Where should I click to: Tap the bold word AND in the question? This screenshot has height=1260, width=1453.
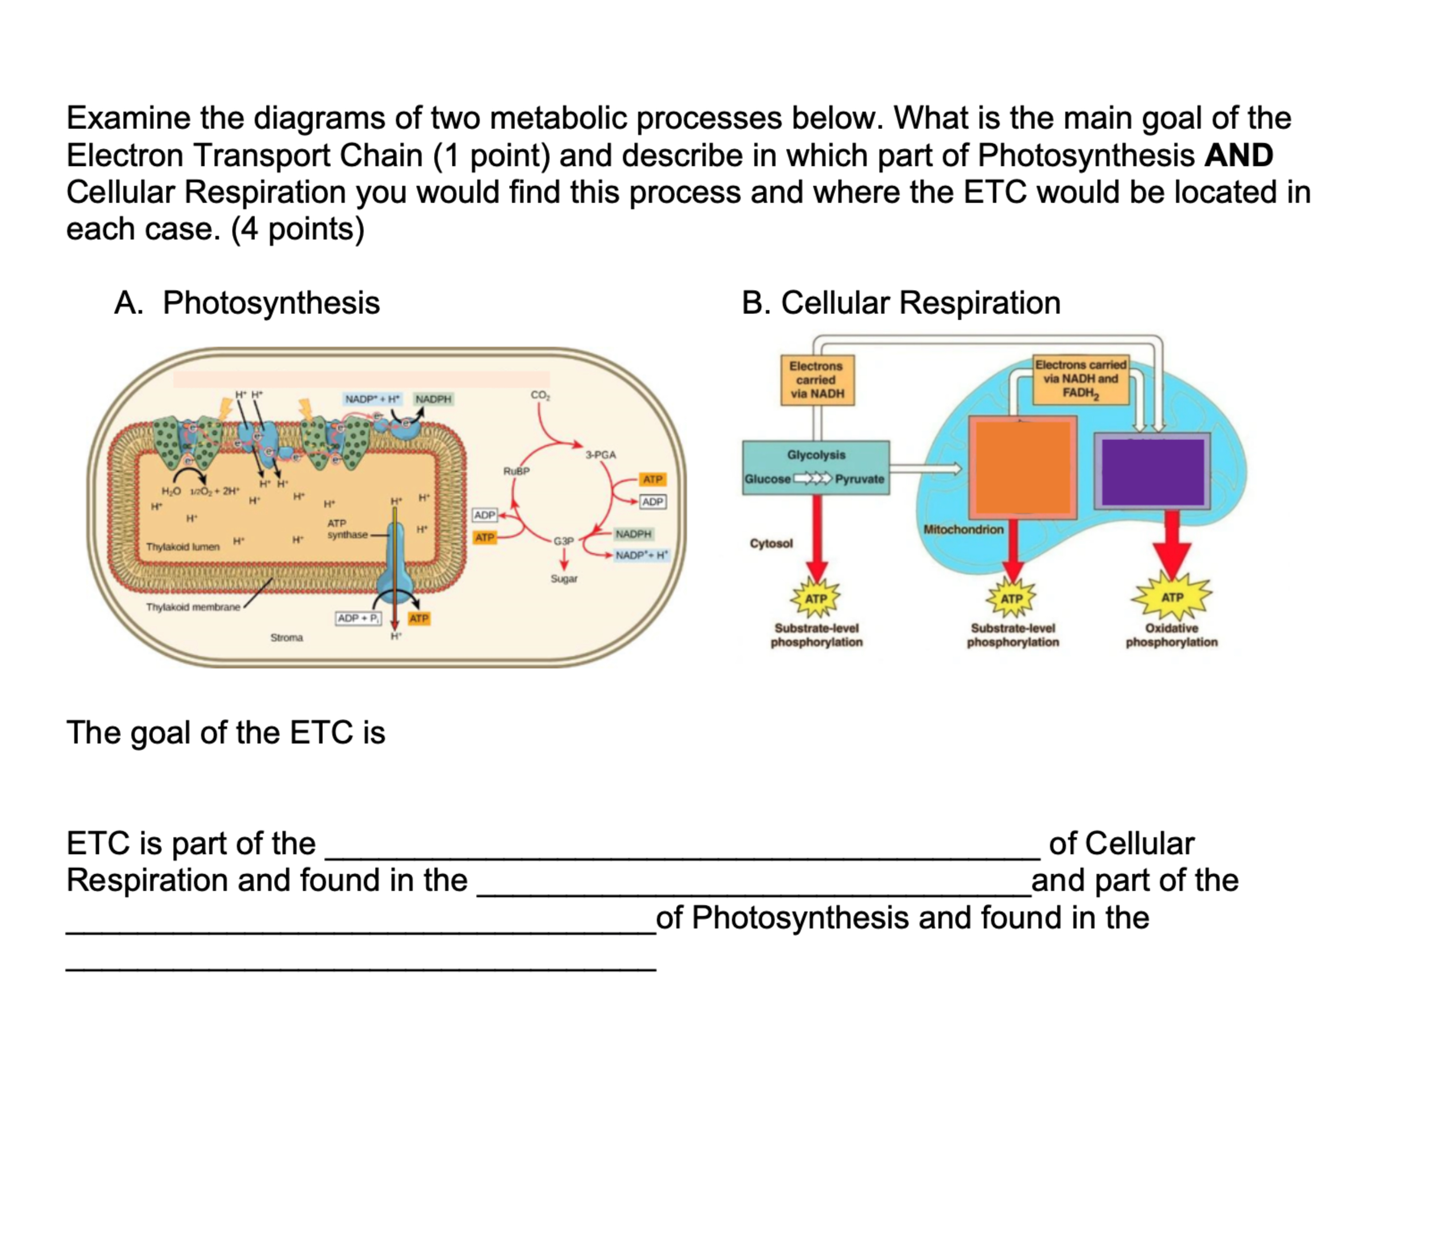[x=1238, y=155]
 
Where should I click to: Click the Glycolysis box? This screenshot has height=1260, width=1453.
[x=815, y=467]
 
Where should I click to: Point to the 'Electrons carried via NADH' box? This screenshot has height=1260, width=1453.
[x=816, y=380]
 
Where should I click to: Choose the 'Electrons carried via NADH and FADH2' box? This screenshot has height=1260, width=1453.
[x=1080, y=379]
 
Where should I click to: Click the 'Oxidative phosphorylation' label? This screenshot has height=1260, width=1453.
[x=1171, y=635]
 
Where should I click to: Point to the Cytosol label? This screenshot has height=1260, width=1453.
[x=771, y=543]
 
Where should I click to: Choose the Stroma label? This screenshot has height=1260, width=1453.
[x=286, y=638]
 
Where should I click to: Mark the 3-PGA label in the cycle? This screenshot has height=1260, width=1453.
[x=601, y=455]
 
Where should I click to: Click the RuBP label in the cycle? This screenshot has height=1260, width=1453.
[x=516, y=471]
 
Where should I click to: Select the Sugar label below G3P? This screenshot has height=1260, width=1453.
[x=564, y=579]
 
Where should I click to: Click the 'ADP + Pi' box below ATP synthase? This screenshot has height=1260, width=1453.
[x=358, y=618]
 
